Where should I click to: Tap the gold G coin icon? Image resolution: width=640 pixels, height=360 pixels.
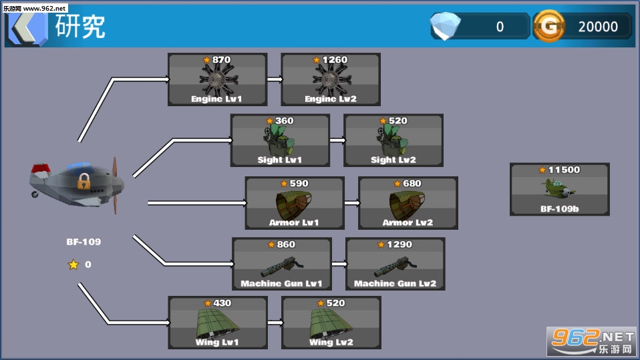(x=549, y=26)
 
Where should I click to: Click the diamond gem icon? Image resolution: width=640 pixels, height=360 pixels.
(x=446, y=25)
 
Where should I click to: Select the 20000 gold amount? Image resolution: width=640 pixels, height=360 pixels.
(x=598, y=27)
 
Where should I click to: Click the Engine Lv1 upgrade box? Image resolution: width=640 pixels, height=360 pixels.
(x=218, y=79)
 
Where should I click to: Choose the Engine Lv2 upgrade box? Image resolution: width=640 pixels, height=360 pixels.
(x=331, y=79)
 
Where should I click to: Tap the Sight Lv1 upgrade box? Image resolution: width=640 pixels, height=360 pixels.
(x=280, y=140)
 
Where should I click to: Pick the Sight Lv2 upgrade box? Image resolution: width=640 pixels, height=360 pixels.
(x=393, y=140)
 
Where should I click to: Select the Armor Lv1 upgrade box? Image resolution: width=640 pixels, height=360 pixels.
(x=295, y=203)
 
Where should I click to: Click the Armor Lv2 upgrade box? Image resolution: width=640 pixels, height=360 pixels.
(x=408, y=203)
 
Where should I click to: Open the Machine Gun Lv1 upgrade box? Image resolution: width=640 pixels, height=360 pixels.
(x=282, y=264)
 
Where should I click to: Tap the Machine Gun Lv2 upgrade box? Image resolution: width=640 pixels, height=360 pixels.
(x=395, y=264)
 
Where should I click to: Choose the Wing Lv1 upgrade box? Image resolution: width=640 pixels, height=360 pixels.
(x=218, y=323)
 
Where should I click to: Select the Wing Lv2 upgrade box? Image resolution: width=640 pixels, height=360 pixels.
(x=331, y=323)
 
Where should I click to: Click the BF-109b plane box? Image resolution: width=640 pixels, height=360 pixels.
(x=560, y=190)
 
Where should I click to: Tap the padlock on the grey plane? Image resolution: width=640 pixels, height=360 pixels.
(x=84, y=181)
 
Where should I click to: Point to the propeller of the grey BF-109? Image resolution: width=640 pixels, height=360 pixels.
(x=115, y=185)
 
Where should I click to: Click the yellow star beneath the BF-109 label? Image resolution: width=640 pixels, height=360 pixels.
(x=73, y=264)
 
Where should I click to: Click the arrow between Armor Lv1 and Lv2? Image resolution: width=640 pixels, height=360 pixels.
(x=352, y=203)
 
